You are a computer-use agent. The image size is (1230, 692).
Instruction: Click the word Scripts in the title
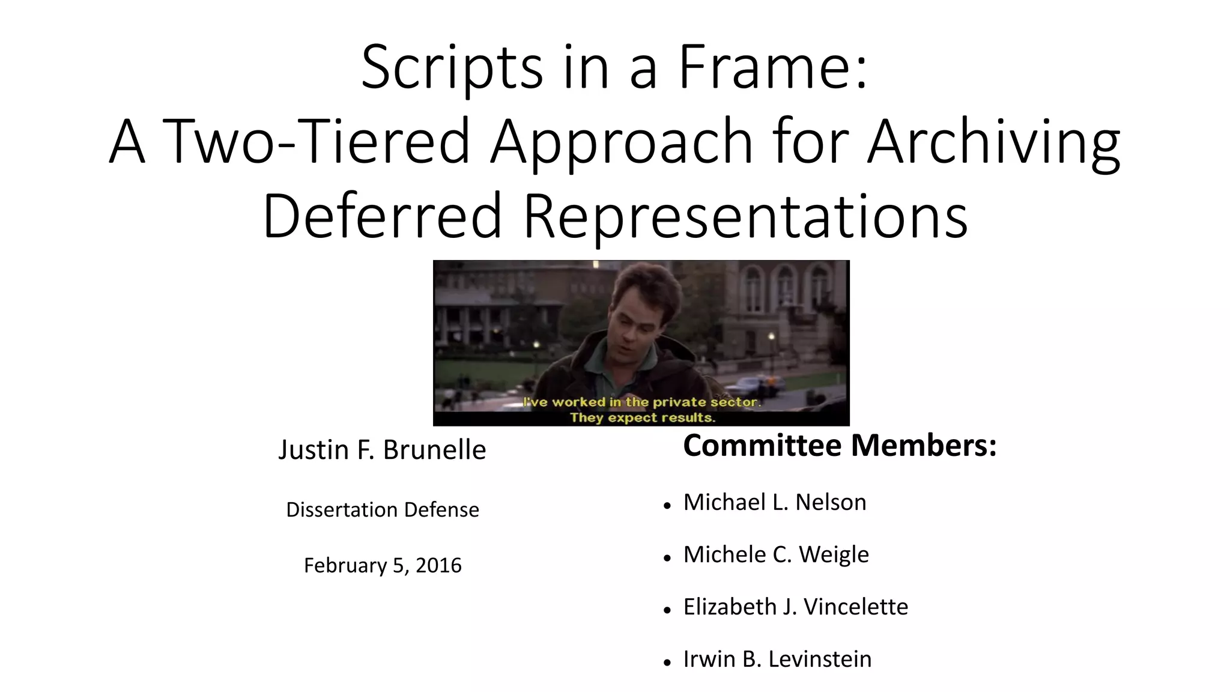(x=452, y=67)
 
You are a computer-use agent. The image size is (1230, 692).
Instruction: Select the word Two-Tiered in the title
(x=316, y=142)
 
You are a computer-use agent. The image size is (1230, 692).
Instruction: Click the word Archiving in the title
(x=993, y=142)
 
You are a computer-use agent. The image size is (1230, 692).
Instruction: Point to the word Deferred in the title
(x=382, y=216)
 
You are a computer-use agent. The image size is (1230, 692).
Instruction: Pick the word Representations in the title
(x=745, y=216)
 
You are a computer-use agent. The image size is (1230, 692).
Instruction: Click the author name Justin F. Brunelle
(x=382, y=450)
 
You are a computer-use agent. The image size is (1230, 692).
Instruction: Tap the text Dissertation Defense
(x=383, y=510)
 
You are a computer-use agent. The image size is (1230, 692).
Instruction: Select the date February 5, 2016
(x=383, y=566)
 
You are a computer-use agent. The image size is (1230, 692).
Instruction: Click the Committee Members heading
(x=840, y=446)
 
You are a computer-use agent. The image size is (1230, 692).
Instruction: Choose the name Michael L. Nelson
(x=775, y=503)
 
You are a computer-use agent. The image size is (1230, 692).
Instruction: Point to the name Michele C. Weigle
(x=776, y=555)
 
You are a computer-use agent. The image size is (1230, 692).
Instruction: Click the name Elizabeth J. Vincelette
(x=795, y=607)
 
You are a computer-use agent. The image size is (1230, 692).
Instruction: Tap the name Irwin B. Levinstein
(x=777, y=660)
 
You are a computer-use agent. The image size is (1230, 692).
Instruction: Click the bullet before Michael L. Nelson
(x=667, y=506)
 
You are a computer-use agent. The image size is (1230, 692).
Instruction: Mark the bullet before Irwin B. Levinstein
(x=667, y=663)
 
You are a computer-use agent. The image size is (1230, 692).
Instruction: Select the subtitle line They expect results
(x=642, y=417)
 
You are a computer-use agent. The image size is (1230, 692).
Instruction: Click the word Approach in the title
(x=621, y=142)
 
